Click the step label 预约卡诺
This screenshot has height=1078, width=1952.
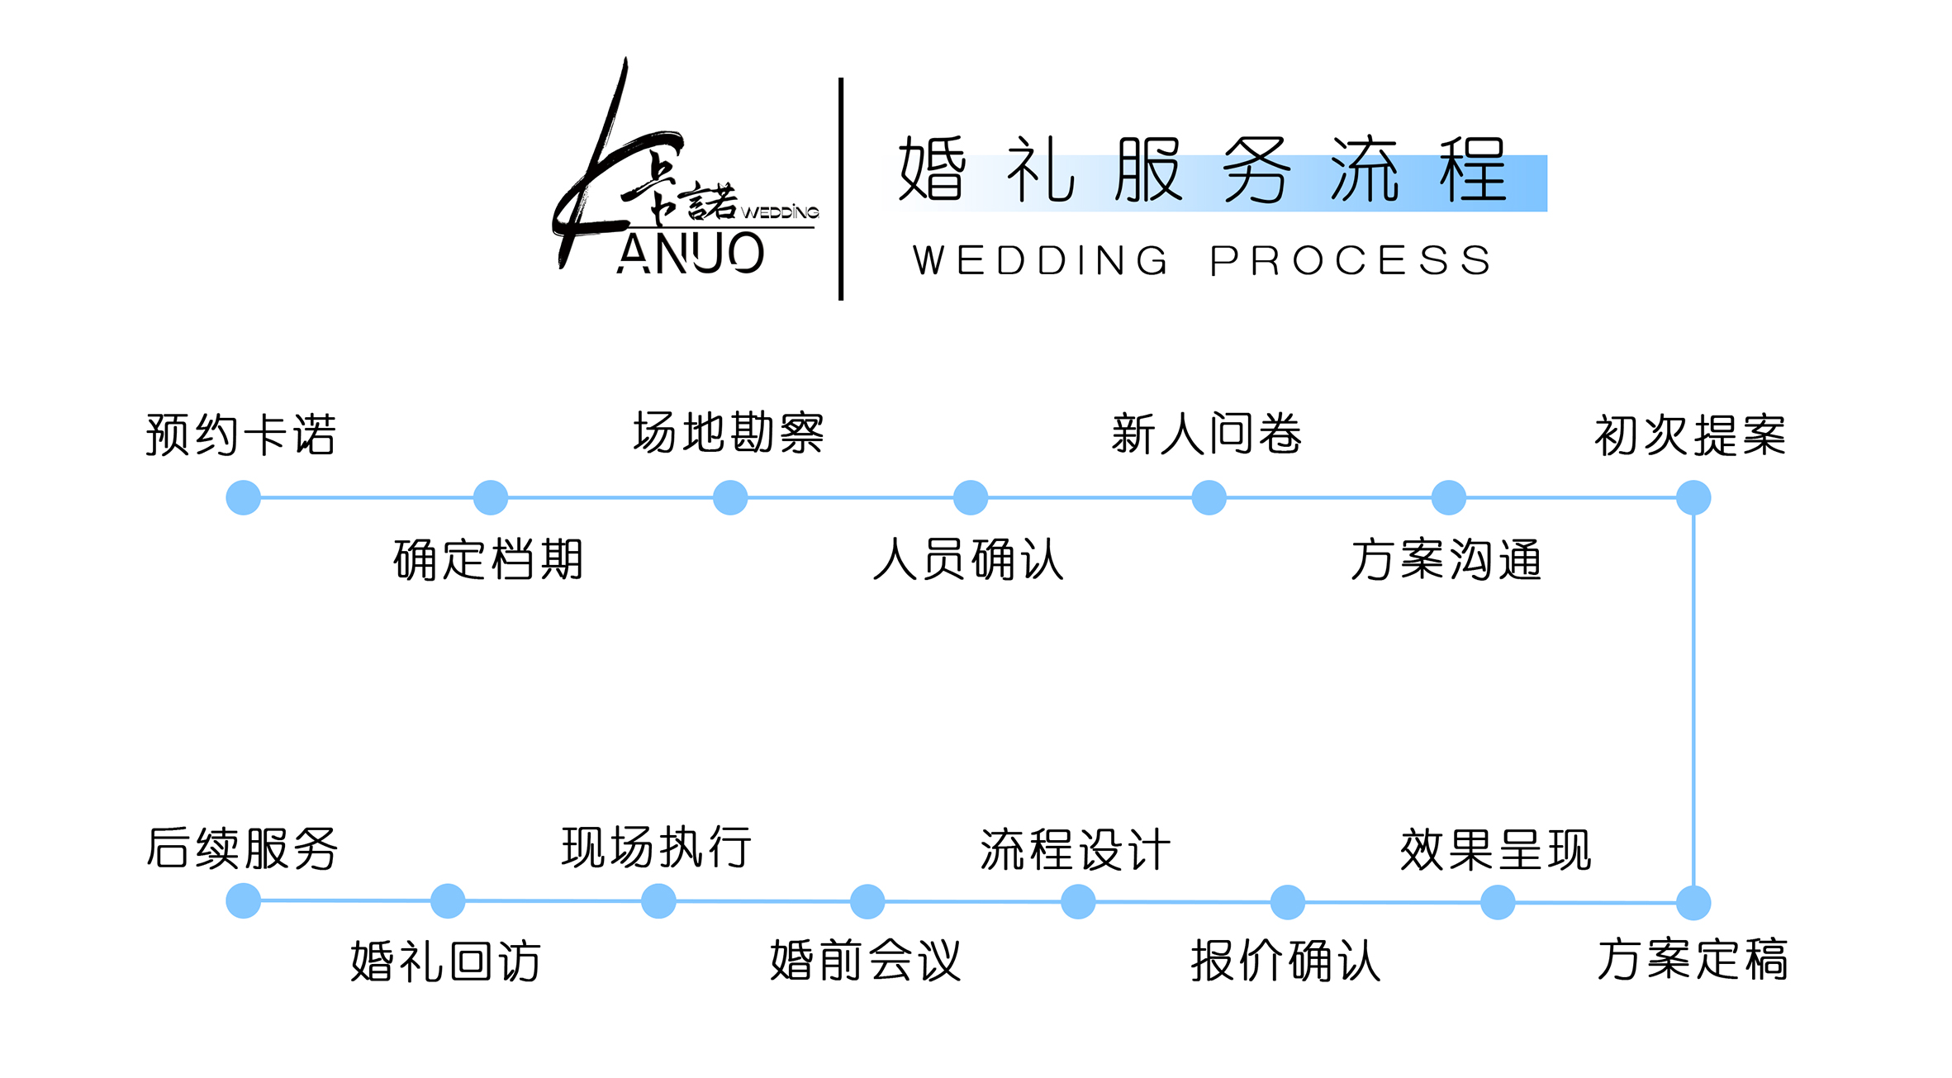tap(241, 435)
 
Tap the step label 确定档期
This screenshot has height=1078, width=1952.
tap(488, 559)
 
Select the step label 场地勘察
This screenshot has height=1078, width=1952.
tap(729, 433)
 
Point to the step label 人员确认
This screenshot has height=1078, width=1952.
tap(968, 559)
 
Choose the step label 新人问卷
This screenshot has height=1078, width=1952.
tap(1207, 434)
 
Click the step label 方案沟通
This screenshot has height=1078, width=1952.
tap(1446, 559)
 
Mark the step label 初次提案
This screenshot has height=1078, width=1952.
tap(1690, 435)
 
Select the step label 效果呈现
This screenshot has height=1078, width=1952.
tap(1496, 849)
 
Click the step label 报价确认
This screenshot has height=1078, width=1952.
tap(1286, 961)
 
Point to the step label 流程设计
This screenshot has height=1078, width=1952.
tap(1076, 849)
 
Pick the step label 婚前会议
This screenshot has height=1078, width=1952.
tap(866, 961)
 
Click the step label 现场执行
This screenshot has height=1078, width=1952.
tap(657, 848)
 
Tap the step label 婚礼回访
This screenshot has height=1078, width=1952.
tap(446, 961)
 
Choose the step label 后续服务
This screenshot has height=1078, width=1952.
tap(242, 848)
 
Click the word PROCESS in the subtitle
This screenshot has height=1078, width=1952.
tap(1351, 261)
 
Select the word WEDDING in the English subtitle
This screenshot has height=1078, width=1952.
tap(1041, 261)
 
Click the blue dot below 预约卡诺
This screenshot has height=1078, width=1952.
tap(244, 498)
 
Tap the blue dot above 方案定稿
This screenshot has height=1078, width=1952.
tap(1693, 903)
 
